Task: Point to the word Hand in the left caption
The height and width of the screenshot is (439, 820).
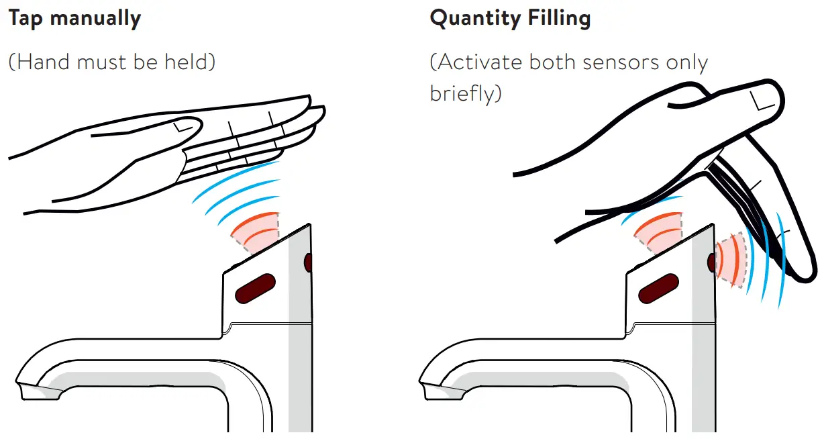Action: coord(47,62)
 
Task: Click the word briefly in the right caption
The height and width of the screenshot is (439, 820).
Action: coord(464,93)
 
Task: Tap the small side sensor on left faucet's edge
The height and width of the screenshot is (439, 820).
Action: coord(308,262)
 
